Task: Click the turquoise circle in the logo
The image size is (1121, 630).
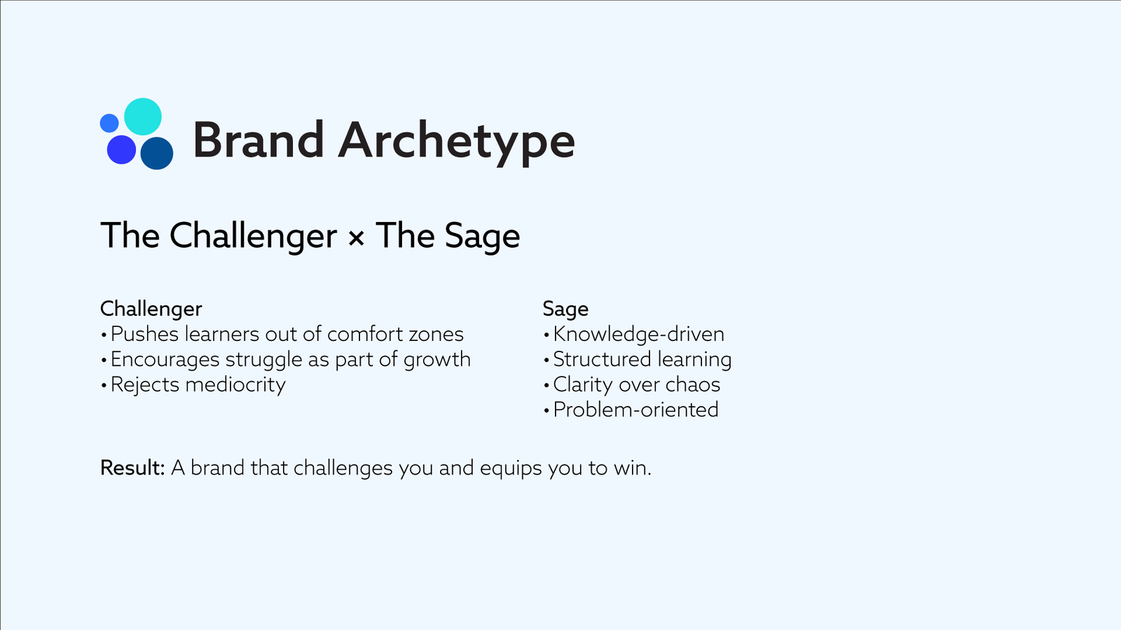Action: pos(143,116)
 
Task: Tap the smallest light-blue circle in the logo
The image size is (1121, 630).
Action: pos(109,123)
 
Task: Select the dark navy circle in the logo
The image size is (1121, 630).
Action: pos(157,153)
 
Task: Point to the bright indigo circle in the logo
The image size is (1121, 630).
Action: pos(122,150)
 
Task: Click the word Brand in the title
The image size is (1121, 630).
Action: pos(259,140)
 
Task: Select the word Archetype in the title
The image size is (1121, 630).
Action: pos(456,143)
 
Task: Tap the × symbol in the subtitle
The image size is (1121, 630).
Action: pos(356,237)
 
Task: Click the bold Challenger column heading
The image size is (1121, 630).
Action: pos(151,309)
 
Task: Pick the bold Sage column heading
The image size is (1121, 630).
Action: pos(565,309)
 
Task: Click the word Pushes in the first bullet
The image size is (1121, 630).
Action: pos(144,334)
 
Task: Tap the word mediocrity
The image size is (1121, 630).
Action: pos(235,385)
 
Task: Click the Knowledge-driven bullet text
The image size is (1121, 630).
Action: pos(638,335)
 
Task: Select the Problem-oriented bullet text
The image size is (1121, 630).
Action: pos(635,410)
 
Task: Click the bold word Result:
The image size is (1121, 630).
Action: pos(132,468)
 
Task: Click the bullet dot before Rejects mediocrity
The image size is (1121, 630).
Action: pos(104,386)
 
